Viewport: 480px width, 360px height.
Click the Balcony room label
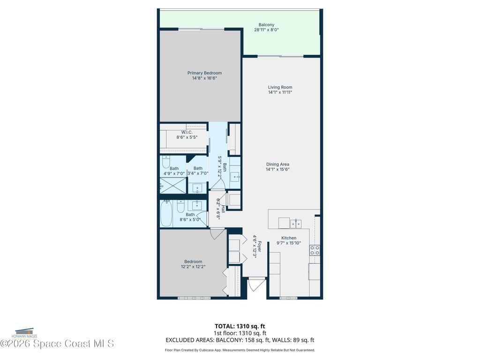[266, 25]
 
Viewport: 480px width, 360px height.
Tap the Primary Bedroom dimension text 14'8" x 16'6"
[204, 78]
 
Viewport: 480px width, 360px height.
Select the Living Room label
[280, 87]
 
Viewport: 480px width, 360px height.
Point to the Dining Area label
[277, 164]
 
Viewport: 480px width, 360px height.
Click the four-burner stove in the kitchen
[315, 250]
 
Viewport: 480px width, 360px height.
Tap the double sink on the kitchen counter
[296, 224]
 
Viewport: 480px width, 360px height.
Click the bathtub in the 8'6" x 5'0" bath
[166, 214]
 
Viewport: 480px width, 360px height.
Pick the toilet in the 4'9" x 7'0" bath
[166, 162]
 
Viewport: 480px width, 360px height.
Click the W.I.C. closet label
[187, 132]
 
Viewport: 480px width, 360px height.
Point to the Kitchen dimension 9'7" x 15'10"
[289, 243]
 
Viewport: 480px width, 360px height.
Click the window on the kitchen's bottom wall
[288, 298]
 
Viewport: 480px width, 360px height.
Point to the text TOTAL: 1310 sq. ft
[240, 326]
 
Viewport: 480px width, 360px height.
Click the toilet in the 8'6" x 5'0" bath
[180, 206]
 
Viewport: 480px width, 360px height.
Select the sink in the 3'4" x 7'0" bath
[197, 188]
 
